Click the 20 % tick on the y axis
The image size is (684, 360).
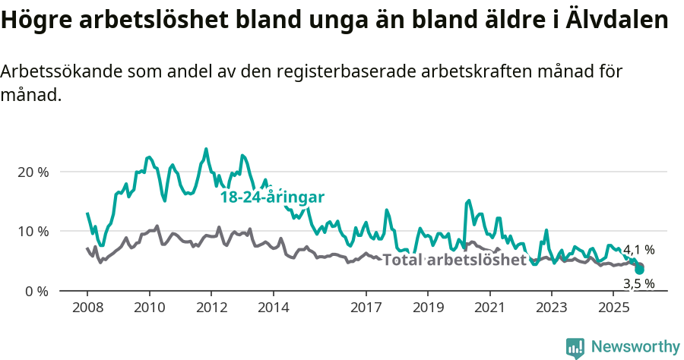pos(32,172)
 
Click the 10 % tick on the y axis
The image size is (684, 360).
pos(32,231)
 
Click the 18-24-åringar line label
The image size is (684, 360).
pos(272,197)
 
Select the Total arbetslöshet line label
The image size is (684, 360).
pos(454,261)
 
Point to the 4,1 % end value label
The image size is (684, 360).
pos(638,249)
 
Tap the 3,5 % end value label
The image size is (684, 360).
pos(638,284)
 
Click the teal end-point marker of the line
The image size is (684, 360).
pos(640,270)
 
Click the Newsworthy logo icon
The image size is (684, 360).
pos(575,347)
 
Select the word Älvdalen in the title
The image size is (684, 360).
pos(618,21)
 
